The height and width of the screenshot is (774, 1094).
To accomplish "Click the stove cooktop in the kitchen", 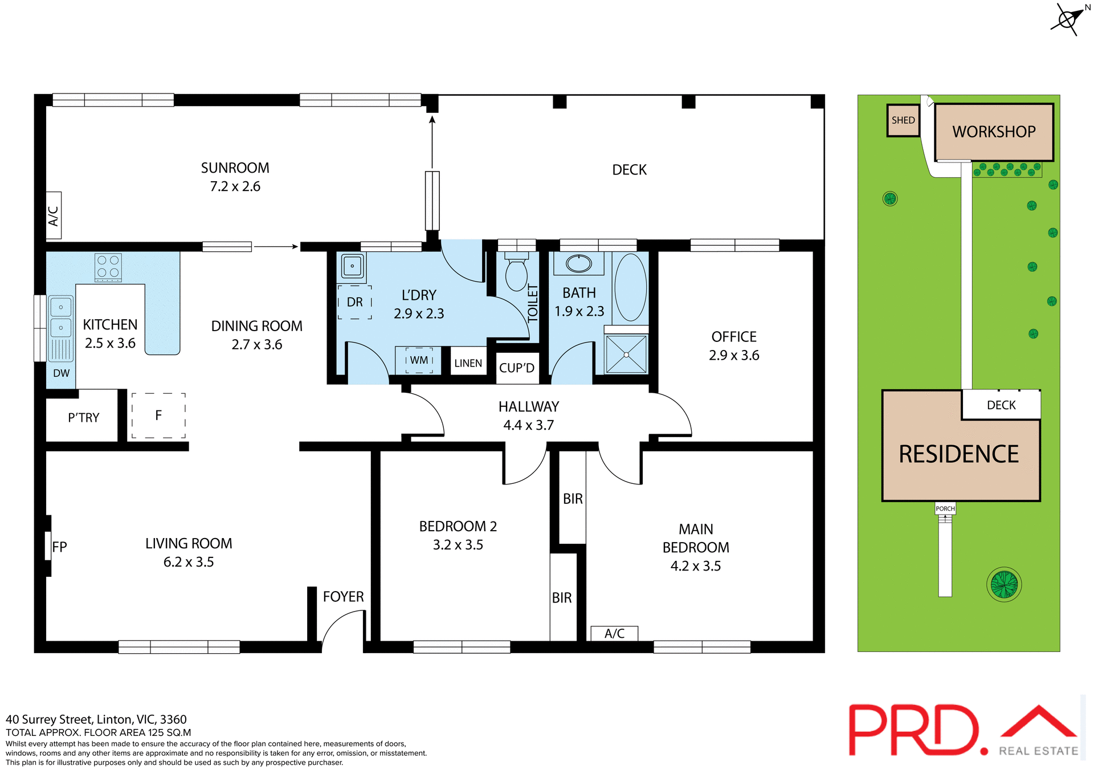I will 108,267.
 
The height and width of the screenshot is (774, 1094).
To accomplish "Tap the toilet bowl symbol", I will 517,275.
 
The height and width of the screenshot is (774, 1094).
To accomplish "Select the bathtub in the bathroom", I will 630,287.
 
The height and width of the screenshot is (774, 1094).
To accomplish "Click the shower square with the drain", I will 626,355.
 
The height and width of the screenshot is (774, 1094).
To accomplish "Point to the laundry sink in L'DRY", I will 352,266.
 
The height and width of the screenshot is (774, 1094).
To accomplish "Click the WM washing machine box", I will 419,360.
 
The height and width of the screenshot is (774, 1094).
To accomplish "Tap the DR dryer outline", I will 354,302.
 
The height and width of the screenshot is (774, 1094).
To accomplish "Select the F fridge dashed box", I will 158,415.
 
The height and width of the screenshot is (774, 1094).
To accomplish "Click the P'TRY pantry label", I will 83,418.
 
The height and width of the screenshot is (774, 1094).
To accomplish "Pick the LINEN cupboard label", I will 468,363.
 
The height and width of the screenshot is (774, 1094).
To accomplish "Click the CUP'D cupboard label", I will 516,368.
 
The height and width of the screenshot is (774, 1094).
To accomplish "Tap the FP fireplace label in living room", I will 59,547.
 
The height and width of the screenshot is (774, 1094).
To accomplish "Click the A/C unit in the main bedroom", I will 614,633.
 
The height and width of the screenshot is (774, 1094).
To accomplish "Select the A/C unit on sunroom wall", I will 54,215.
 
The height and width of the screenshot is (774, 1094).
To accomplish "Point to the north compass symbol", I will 1067,19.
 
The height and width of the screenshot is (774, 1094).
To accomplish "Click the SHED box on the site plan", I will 903,120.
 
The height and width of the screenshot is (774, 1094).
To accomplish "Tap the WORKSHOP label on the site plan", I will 994,132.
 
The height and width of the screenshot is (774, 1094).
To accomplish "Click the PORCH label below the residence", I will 945,508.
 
